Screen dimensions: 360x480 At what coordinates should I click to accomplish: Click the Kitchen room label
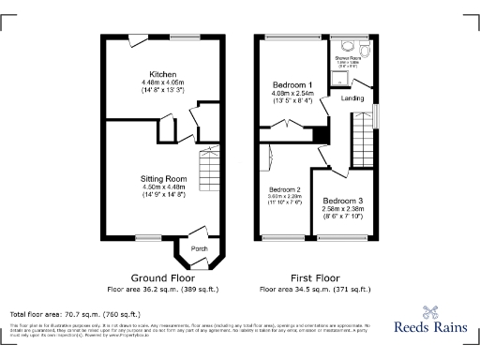[x=164, y=73]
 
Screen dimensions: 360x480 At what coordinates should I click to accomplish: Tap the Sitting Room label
[x=164, y=177]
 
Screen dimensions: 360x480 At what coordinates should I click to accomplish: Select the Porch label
[x=199, y=248]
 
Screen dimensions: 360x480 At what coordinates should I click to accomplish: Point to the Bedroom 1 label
[x=292, y=84]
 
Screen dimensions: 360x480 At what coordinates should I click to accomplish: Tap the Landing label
[x=352, y=98]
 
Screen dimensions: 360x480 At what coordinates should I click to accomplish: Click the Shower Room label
[x=349, y=58]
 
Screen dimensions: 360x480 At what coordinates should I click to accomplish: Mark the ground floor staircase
[x=209, y=172]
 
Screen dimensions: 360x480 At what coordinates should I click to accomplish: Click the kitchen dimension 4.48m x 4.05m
[x=164, y=82]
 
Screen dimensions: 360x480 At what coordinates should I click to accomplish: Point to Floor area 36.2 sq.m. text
[x=164, y=289]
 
